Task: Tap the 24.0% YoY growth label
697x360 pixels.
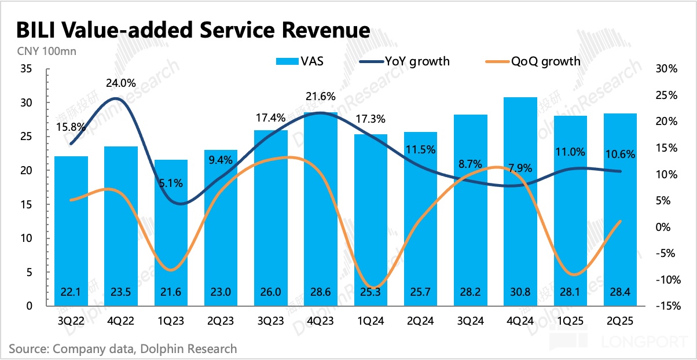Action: coord(120,83)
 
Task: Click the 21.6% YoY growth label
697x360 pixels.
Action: coord(321,96)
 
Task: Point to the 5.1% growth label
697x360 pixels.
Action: coord(171,183)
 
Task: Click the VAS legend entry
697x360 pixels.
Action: coord(300,61)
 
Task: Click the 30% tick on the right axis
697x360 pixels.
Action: coord(666,69)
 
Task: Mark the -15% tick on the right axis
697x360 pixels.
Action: coord(664,306)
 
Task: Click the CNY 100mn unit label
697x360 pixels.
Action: coord(42,50)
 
